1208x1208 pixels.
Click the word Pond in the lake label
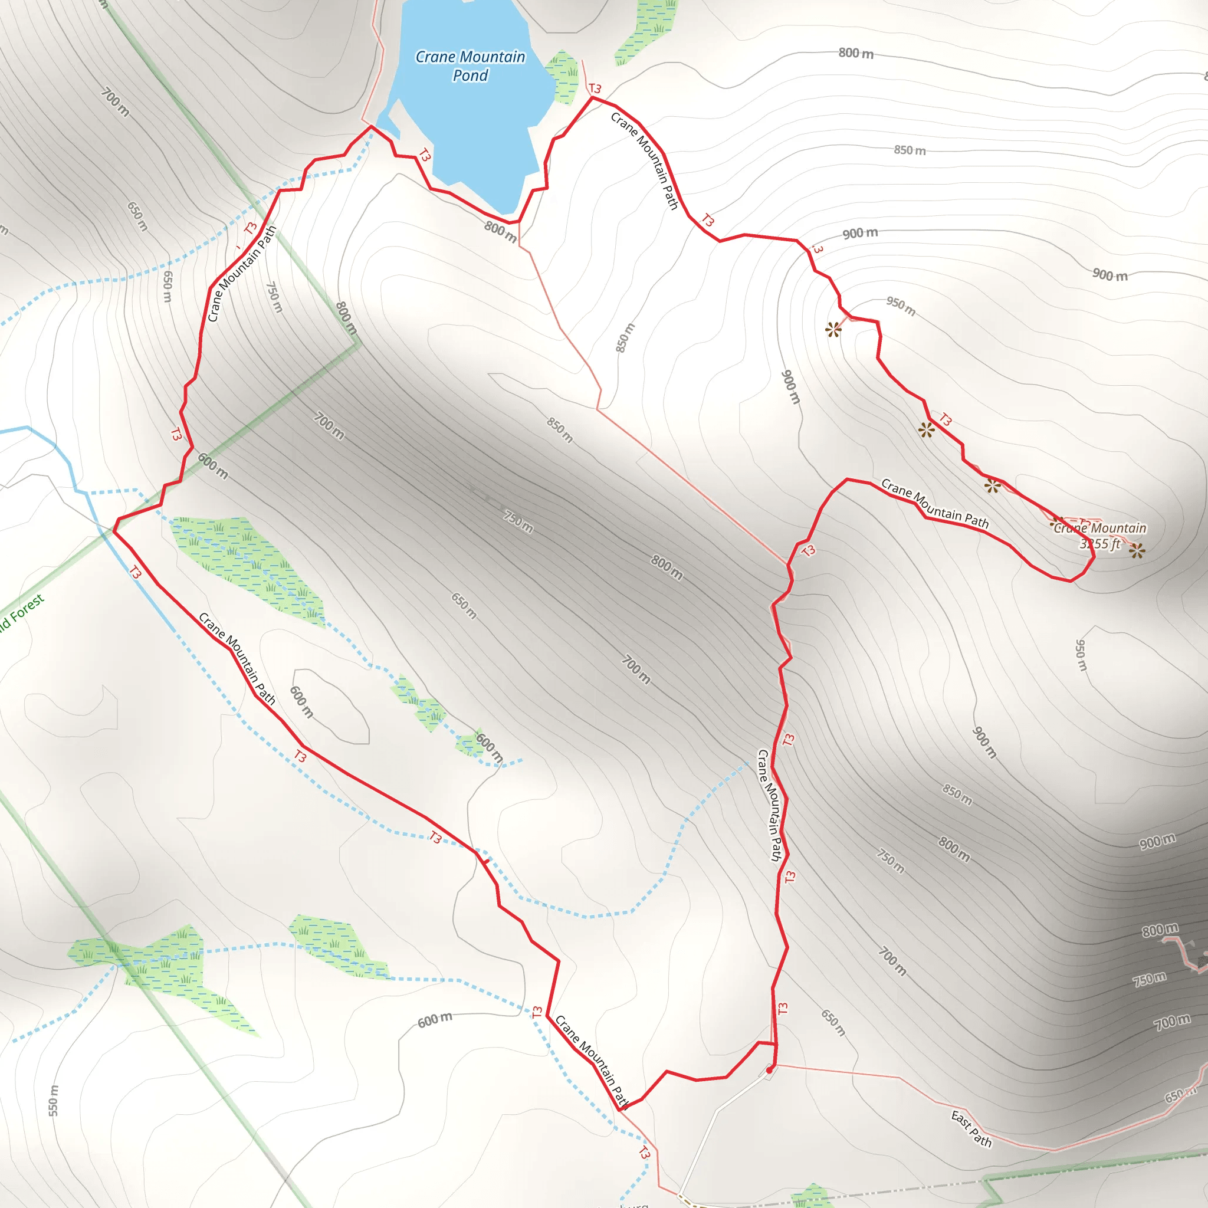[470, 75]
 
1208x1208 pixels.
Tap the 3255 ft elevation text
[1100, 544]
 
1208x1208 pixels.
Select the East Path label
[971, 1128]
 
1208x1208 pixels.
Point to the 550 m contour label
[54, 1101]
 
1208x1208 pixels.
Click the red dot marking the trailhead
[769, 1070]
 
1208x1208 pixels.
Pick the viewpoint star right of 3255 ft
[1137, 550]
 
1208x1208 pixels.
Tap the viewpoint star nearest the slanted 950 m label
[833, 330]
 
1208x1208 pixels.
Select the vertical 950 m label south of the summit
[1081, 655]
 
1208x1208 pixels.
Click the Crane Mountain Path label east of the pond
[645, 160]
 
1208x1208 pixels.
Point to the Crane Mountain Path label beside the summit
[935, 503]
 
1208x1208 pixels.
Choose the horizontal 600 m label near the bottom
[435, 1020]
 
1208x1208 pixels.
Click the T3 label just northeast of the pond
[595, 89]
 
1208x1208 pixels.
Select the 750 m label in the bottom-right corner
[1149, 979]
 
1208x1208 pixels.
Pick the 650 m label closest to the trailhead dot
[833, 1023]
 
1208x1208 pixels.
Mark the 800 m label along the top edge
[856, 53]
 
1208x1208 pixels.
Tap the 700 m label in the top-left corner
[116, 102]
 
